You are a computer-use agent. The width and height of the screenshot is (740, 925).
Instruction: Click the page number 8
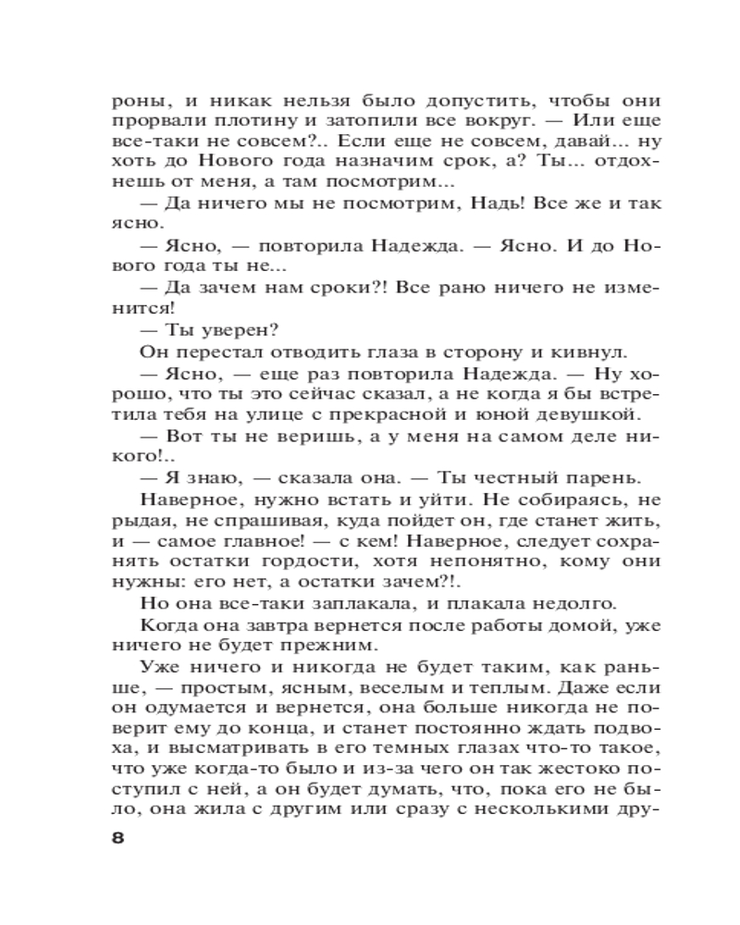click(118, 840)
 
